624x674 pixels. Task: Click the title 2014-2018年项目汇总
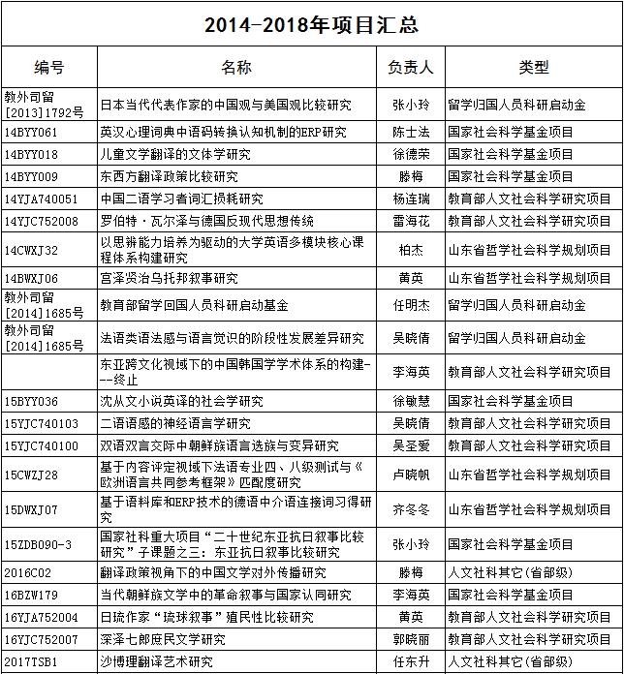point(311,22)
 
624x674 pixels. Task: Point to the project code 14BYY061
point(31,131)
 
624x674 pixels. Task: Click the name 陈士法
point(411,131)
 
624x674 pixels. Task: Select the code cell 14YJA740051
point(41,199)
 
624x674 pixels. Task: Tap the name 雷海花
point(411,221)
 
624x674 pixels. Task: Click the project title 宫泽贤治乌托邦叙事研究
point(170,278)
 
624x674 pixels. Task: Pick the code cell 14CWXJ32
point(31,250)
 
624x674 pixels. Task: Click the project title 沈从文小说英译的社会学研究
point(182,401)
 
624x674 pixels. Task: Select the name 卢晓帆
point(411,475)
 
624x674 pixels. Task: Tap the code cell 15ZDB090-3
point(38,544)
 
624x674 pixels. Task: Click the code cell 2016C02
point(27,572)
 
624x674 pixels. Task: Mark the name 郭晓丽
point(411,639)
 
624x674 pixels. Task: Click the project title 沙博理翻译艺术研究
point(157,661)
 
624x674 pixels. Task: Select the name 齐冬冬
point(411,508)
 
